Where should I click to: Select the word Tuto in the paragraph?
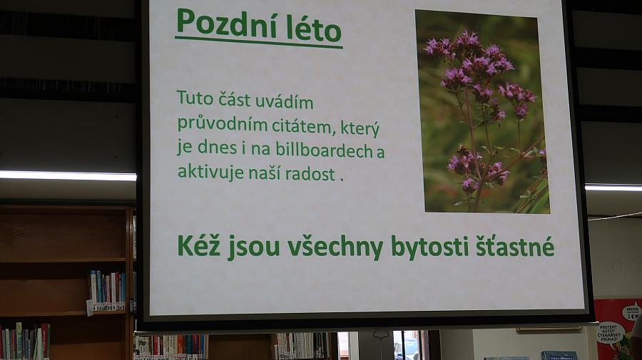tap(195, 98)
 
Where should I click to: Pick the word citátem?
tap(302, 127)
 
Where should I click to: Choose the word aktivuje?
tap(211, 172)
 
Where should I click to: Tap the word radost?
tap(310, 174)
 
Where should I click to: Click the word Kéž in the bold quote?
tap(200, 245)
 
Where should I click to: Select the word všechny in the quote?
tap(335, 247)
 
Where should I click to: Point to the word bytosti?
tap(429, 247)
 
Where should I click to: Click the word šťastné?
tap(514, 246)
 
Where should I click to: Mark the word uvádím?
tap(284, 101)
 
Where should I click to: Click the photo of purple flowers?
tap(482, 111)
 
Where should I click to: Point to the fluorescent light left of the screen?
tap(68, 176)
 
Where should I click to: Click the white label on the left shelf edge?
tap(89, 308)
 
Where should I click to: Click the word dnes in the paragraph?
tap(217, 148)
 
